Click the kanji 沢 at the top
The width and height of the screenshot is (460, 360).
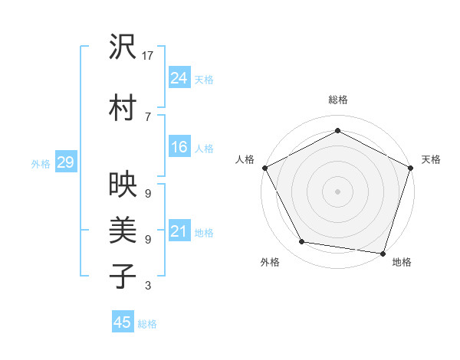point(123,47)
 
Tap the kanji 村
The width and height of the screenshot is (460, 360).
point(123,108)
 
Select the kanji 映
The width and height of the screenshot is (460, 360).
point(123,185)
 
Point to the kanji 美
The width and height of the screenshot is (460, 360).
point(123,230)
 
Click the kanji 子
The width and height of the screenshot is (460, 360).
point(123,276)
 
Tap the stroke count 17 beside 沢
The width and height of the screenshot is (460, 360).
point(148,56)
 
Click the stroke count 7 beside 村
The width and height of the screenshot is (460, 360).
point(147,116)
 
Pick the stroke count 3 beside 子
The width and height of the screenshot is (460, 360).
point(147,286)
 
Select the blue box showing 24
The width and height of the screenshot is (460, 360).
point(179,78)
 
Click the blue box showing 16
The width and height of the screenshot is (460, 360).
point(179,148)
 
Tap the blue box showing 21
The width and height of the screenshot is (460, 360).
point(179,232)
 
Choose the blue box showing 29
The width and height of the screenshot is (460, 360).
point(65,162)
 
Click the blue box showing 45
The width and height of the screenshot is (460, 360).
point(123,322)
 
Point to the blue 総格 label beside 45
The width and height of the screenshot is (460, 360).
point(148,324)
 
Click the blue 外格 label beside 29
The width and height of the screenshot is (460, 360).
point(41,163)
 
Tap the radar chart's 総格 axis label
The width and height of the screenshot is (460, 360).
point(338,100)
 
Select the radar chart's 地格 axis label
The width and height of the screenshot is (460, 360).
point(402,262)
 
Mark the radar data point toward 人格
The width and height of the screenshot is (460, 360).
point(264,168)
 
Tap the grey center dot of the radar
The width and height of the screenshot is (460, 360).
point(338,191)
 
